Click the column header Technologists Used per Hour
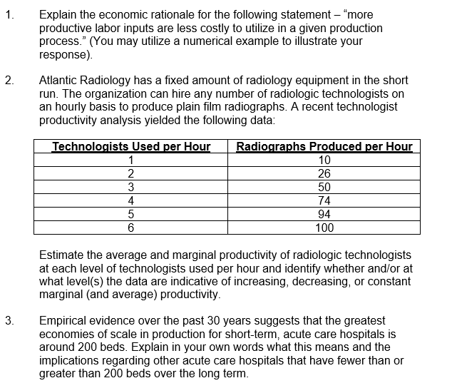pyautogui.click(x=131, y=147)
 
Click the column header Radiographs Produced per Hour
pyautogui.click(x=324, y=147)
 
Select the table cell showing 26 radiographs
pyautogui.click(x=324, y=174)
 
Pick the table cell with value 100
pyautogui.click(x=324, y=228)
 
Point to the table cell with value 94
pyautogui.click(x=324, y=215)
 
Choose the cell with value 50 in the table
pyautogui.click(x=324, y=188)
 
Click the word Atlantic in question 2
pyautogui.click(x=59, y=82)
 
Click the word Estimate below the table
pyautogui.click(x=62, y=255)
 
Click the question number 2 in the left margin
pyautogui.click(x=8, y=82)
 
